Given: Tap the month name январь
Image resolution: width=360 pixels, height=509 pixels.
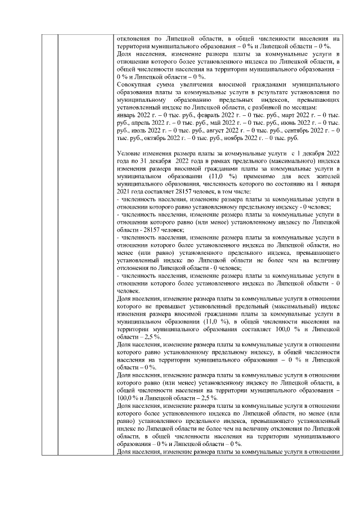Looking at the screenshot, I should coord(125,114).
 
